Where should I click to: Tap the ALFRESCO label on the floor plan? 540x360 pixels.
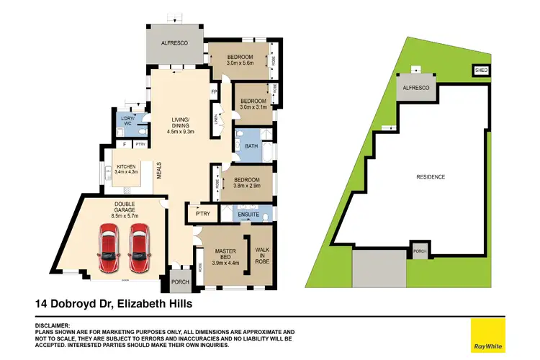coord(174,44)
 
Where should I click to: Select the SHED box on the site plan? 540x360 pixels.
coord(481,71)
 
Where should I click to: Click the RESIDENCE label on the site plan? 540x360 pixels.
coord(431,176)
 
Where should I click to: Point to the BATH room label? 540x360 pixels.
coord(251,146)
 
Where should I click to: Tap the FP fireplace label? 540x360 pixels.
coord(214,92)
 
